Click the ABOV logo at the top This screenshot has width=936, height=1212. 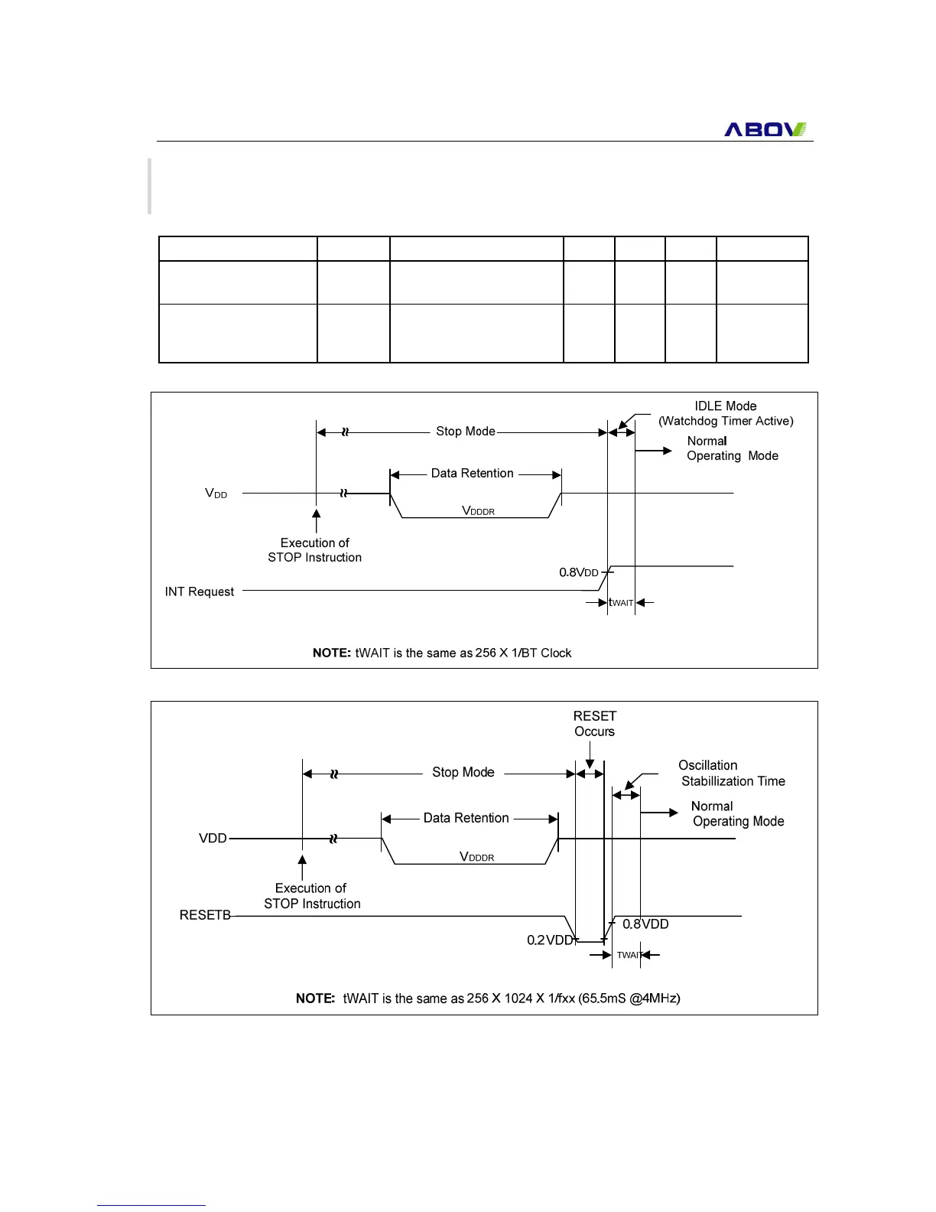(765, 129)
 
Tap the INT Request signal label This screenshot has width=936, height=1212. (200, 591)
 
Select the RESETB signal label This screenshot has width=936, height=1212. (205, 915)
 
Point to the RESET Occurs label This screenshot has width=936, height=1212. (594, 723)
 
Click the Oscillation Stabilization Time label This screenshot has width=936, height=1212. (731, 773)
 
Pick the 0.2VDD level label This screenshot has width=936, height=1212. (550, 940)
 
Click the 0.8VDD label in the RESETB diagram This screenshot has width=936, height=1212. (645, 924)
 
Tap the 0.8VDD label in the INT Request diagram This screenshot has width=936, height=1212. (579, 572)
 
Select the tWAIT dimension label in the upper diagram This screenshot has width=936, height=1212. (622, 603)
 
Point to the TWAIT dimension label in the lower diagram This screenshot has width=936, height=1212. (629, 955)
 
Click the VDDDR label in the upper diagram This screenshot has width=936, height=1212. (478, 510)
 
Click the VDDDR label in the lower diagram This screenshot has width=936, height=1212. (476, 857)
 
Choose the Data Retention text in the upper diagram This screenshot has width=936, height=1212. (472, 474)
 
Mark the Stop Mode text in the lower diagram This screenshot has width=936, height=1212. (463, 772)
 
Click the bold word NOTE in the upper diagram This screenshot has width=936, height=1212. (331, 653)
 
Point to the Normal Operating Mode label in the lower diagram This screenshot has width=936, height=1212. (737, 813)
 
